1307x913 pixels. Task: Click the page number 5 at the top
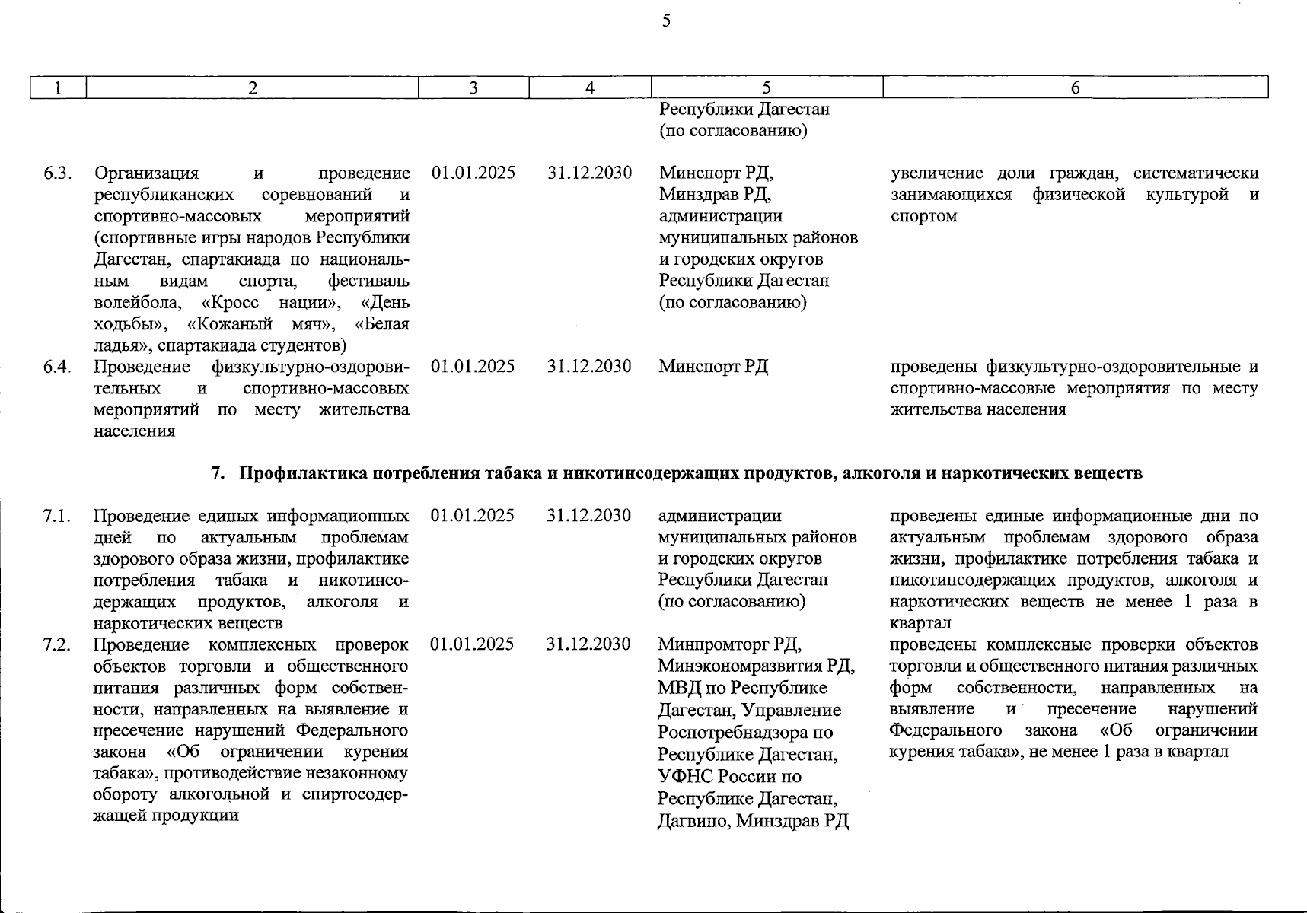pyautogui.click(x=666, y=21)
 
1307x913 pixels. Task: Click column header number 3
pyautogui.click(x=473, y=88)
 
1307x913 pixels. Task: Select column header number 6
pyautogui.click(x=1075, y=88)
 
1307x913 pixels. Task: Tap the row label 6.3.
pyautogui.click(x=58, y=173)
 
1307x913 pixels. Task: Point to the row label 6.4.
pyautogui.click(x=58, y=367)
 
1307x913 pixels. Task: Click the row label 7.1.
pyautogui.click(x=57, y=516)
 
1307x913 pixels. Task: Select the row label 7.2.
pyautogui.click(x=57, y=645)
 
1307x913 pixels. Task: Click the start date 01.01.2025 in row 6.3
pyautogui.click(x=473, y=173)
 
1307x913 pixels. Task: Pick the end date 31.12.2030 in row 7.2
pyautogui.click(x=588, y=644)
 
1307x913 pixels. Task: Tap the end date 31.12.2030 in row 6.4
pyautogui.click(x=589, y=367)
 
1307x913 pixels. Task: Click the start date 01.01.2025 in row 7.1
pyautogui.click(x=473, y=516)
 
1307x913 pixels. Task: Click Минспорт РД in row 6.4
pyautogui.click(x=713, y=367)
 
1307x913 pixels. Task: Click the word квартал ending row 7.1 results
pyautogui.click(x=920, y=623)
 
